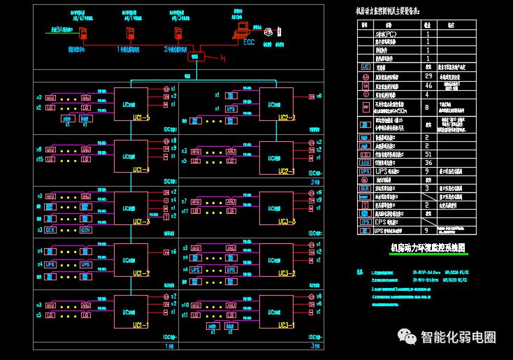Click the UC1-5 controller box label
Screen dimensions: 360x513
(141, 118)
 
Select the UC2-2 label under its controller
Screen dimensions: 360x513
(287, 117)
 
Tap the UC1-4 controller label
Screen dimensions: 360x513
(141, 170)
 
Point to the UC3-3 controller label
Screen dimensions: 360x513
(287, 222)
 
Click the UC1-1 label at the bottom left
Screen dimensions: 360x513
(141, 325)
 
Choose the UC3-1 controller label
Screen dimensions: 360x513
(287, 326)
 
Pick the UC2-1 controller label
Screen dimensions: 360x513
(287, 171)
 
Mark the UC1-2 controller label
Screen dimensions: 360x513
(141, 273)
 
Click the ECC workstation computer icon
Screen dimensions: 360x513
(242, 29)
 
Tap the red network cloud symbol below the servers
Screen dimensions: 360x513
(196, 56)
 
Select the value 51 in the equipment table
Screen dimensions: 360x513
(428, 154)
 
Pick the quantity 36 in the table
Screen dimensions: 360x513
(428, 162)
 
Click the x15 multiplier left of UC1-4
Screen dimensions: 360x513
(39, 159)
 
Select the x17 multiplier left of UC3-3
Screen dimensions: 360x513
(185, 211)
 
